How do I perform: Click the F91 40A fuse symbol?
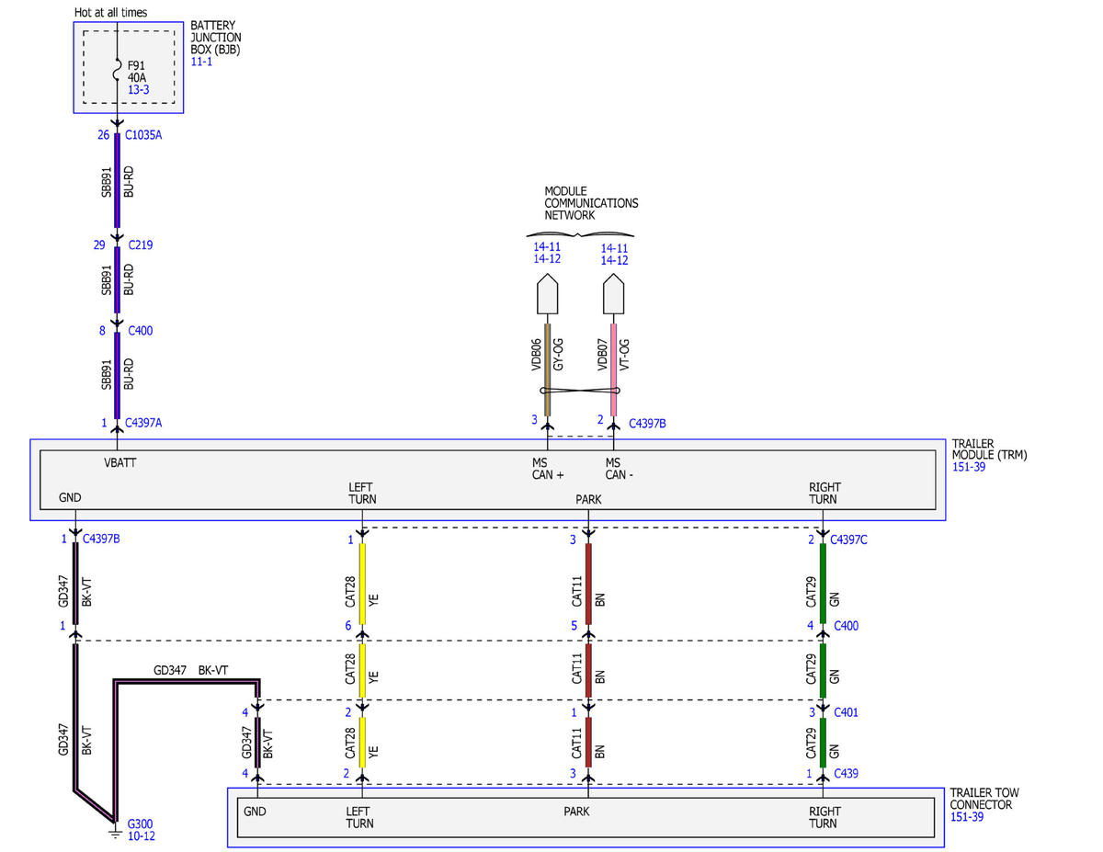[118, 70]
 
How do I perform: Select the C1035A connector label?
[143, 135]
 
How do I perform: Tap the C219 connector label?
[140, 245]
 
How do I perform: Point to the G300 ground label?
[140, 824]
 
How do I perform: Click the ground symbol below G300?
[116, 835]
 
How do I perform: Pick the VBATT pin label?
[119, 463]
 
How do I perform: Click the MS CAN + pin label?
[548, 469]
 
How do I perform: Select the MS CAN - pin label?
[619, 469]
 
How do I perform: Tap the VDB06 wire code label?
[536, 355]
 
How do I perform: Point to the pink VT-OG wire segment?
[614, 369]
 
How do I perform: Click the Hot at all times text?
[110, 13]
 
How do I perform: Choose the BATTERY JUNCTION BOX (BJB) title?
[215, 38]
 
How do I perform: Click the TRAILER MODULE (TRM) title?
[989, 449]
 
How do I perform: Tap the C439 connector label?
[846, 773]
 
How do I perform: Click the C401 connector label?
[846, 712]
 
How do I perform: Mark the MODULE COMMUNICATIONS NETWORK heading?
[591, 203]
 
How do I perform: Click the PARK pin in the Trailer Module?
[588, 500]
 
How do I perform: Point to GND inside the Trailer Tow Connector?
[255, 812]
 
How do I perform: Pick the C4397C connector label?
[848, 540]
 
